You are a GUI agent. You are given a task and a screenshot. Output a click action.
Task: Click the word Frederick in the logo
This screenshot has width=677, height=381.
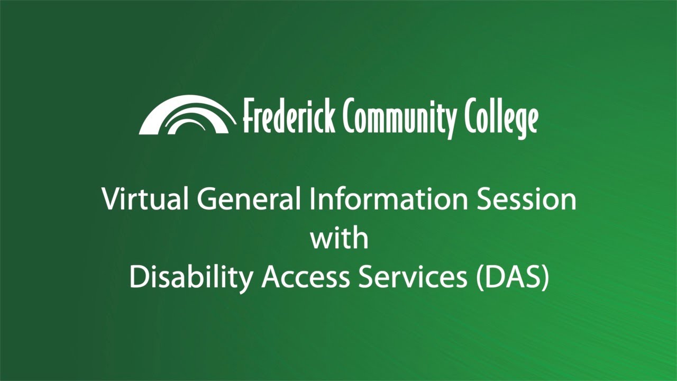coord(288,116)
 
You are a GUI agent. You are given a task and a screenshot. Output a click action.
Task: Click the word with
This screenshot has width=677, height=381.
coord(338,238)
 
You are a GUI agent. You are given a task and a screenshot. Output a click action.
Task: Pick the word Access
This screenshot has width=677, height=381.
coord(305,277)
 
